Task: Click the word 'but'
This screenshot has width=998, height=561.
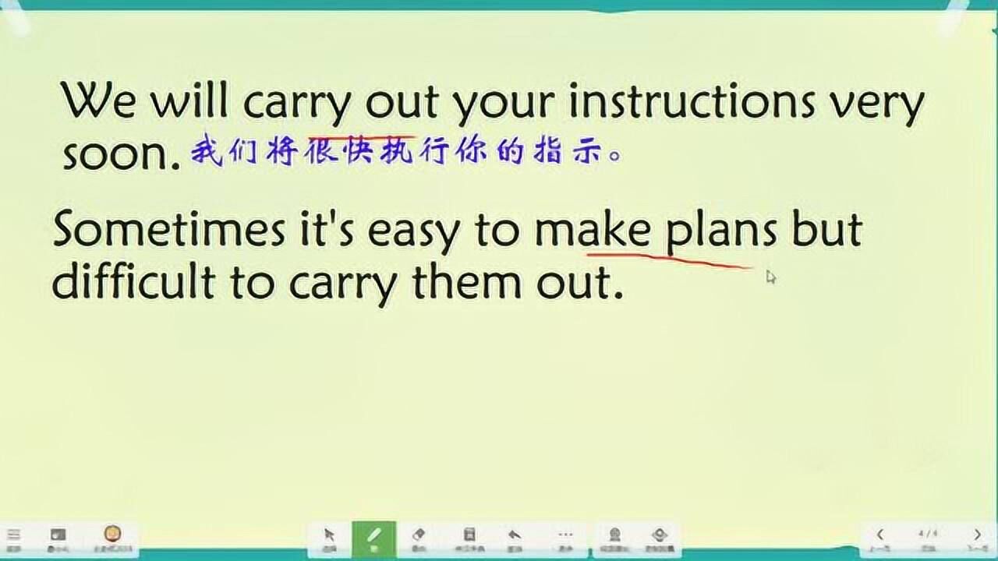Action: point(826,230)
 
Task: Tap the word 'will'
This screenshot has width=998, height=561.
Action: point(189,101)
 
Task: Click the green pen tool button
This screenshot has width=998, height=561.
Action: point(373,538)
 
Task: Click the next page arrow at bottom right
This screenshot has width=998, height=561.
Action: point(978,535)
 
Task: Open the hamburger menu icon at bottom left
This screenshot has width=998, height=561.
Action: point(14,535)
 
